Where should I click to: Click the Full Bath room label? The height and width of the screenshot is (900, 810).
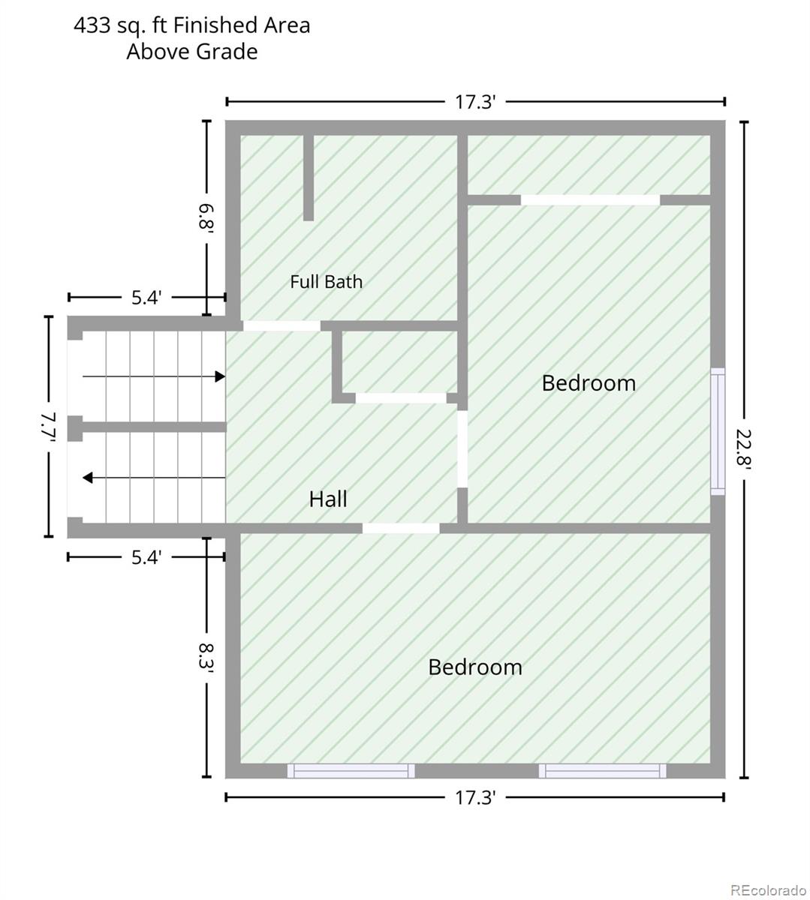pyautogui.click(x=326, y=282)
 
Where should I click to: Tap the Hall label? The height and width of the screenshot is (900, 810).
pyautogui.click(x=328, y=499)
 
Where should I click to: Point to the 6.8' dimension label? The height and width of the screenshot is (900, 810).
pyautogui.click(x=206, y=216)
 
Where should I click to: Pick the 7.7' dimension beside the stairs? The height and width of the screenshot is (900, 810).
pyautogui.click(x=48, y=427)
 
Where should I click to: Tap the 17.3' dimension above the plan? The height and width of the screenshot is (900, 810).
pyautogui.click(x=475, y=102)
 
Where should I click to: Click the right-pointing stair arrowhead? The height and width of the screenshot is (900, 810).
pyautogui.click(x=220, y=376)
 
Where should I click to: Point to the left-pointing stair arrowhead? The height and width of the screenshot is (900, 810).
pyautogui.click(x=88, y=478)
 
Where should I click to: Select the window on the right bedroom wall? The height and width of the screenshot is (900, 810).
pyautogui.click(x=718, y=431)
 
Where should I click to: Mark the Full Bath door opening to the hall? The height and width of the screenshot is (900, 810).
pyautogui.click(x=282, y=326)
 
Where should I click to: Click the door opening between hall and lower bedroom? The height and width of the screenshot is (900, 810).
pyautogui.click(x=401, y=529)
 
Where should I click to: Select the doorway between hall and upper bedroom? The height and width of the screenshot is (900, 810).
pyautogui.click(x=462, y=448)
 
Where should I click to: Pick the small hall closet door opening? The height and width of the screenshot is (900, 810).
pyautogui.click(x=401, y=398)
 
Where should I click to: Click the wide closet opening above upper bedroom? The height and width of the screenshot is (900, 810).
pyautogui.click(x=590, y=200)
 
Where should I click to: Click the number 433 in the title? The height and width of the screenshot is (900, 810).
pyautogui.click(x=92, y=25)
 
